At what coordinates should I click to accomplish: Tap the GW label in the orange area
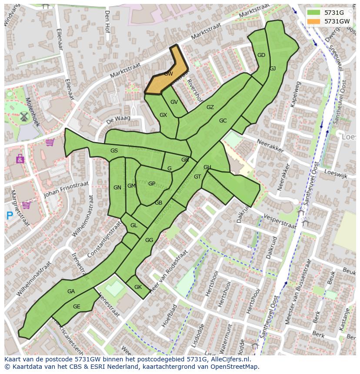(x=169, y=74)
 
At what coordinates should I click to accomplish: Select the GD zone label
(x=261, y=55)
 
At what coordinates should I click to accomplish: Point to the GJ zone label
(x=273, y=69)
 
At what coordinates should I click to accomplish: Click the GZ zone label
(x=210, y=107)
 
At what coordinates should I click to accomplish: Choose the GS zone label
(x=114, y=151)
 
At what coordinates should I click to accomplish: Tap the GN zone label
(x=117, y=188)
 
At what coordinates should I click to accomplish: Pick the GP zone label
(x=151, y=184)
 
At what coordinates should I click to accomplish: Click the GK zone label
(x=138, y=287)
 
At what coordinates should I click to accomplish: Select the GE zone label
(x=77, y=307)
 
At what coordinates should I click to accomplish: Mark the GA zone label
(x=71, y=291)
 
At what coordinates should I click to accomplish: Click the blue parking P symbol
(x=10, y=215)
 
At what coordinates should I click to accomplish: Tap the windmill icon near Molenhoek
(x=24, y=116)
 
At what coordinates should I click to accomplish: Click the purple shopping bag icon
(x=20, y=159)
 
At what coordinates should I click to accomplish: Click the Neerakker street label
(x=270, y=145)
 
